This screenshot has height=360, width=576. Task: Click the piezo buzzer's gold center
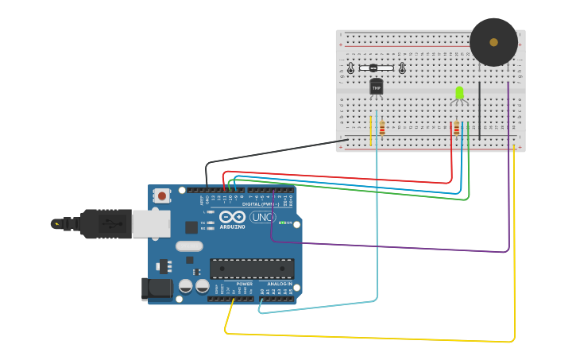point(493,42)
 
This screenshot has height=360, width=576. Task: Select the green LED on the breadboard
point(459,93)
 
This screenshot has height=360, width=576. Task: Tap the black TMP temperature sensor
point(376,87)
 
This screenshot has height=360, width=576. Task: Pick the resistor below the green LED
point(456,128)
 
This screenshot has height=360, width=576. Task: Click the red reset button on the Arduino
point(162,195)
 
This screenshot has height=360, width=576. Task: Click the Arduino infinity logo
point(233,216)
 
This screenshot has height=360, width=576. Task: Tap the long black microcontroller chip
point(252,269)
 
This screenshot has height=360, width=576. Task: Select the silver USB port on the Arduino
point(151,224)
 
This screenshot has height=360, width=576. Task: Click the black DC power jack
point(156,288)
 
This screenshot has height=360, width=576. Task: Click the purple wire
point(389,246)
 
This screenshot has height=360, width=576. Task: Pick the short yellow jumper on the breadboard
point(370,130)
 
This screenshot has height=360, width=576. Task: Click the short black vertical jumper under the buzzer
point(479,111)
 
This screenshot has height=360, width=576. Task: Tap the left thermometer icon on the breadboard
point(350,69)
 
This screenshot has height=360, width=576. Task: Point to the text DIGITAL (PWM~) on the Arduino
point(264,204)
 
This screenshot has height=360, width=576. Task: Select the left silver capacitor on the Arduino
point(186,286)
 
